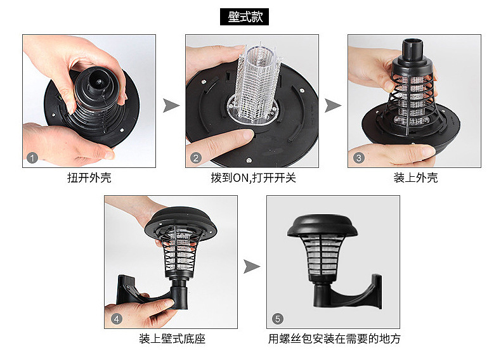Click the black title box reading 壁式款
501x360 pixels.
(244, 17)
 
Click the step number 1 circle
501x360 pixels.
(32, 158)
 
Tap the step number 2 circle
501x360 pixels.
(196, 158)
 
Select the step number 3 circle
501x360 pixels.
(359, 158)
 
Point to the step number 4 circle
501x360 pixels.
(117, 319)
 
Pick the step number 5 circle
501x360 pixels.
(278, 319)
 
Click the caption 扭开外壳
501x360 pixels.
(89, 177)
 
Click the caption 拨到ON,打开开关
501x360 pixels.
(254, 177)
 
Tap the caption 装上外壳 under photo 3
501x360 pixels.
(415, 177)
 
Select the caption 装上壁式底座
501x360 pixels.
(172, 338)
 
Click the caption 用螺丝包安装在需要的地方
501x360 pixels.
(334, 338)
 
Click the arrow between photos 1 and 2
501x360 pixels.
(171, 105)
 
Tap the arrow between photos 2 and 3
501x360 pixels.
(332, 105)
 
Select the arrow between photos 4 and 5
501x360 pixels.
(252, 267)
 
